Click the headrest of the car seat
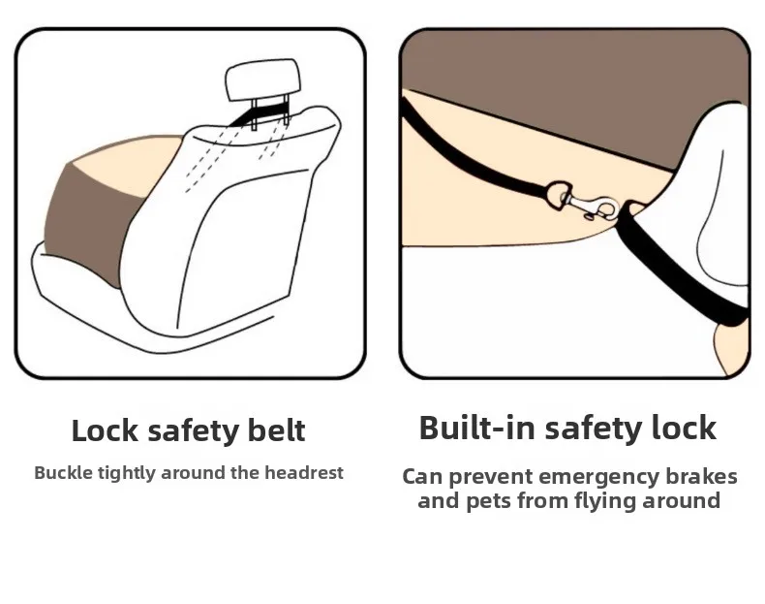pyautogui.click(x=262, y=79)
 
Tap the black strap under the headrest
pyautogui.click(x=258, y=114)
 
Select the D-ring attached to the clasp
pyautogui.click(x=559, y=194)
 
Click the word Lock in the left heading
pyautogui.click(x=105, y=430)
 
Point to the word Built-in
pyautogui.click(x=477, y=428)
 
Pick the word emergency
pyautogui.click(x=598, y=478)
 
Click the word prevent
pyautogui.click(x=490, y=478)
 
